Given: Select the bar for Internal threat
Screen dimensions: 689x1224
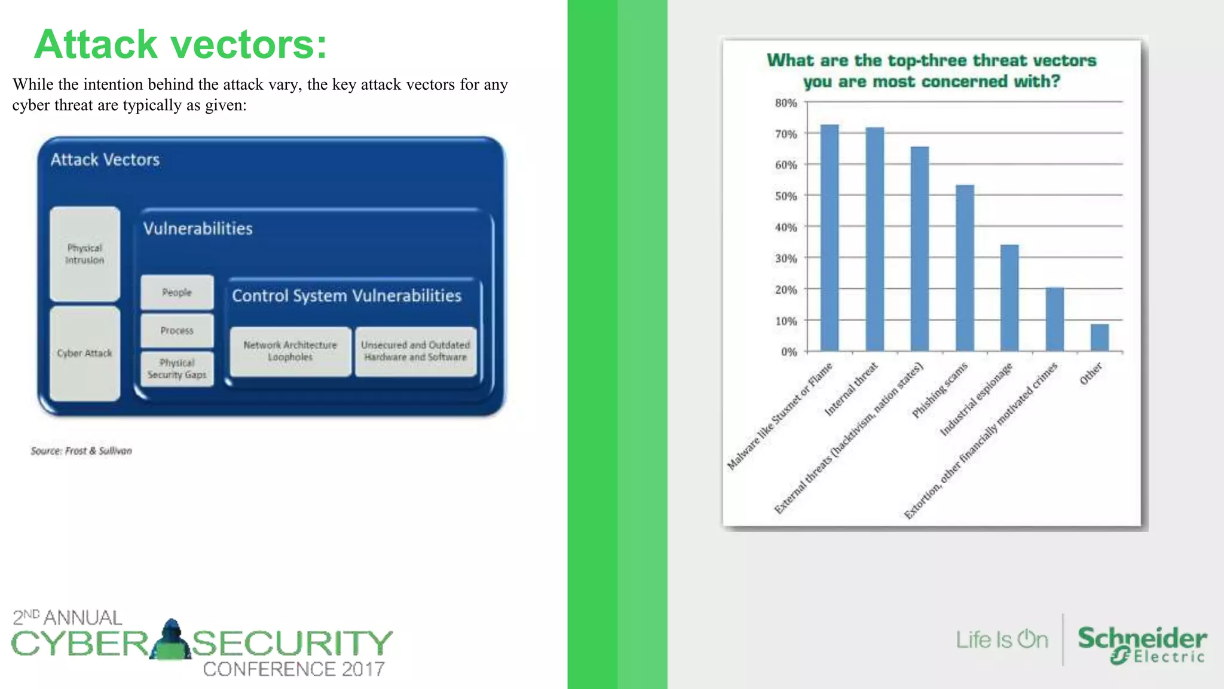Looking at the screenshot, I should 874,239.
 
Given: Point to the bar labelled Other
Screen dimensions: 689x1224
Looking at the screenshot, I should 1099,337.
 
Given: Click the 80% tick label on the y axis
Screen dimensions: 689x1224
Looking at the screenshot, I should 786,103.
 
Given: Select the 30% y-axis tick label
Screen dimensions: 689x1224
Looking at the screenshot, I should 786,258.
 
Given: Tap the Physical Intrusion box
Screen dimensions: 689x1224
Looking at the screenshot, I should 85,254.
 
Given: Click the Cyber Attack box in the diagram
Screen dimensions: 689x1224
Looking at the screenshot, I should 85,353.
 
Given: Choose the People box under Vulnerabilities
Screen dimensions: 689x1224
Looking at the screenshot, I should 177,292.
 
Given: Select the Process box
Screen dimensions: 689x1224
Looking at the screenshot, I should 177,331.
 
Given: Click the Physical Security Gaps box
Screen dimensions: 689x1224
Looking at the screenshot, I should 177,369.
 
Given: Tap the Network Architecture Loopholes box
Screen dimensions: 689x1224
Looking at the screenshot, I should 290,351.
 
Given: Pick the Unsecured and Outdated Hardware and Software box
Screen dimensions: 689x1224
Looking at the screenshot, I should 415,351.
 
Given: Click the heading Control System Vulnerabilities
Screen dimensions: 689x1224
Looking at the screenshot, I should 347,295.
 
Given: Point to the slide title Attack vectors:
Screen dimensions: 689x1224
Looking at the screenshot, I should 180,44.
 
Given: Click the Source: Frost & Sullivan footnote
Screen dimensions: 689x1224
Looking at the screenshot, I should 81,451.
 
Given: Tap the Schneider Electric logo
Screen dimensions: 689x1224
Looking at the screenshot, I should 1142,645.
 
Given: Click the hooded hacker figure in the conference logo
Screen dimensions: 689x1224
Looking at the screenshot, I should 171,639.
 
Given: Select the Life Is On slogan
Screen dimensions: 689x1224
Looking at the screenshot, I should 1002,639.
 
